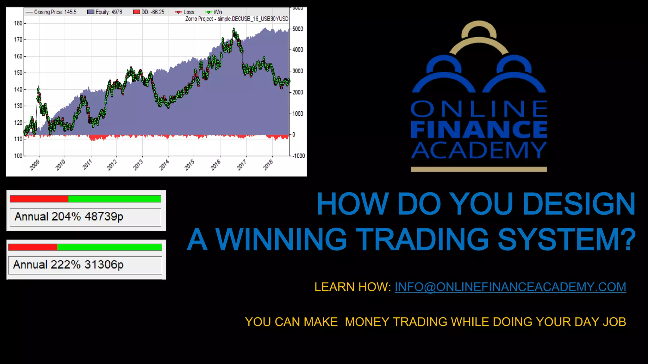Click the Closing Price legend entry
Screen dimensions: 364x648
click(x=52, y=12)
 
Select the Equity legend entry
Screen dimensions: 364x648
click(x=105, y=12)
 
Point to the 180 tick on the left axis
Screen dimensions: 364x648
click(x=18, y=23)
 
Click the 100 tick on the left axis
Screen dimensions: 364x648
click(x=18, y=155)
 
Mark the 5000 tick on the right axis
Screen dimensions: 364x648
click(x=297, y=29)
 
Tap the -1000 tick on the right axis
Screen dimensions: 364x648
click(x=298, y=156)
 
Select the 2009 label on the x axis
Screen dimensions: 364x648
click(x=34, y=165)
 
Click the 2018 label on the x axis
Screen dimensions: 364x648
click(x=268, y=165)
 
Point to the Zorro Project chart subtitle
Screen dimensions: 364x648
click(x=237, y=19)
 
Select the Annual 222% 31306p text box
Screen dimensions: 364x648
click(x=85, y=265)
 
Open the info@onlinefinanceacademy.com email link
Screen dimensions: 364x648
click(x=510, y=287)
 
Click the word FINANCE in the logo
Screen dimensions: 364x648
click(x=479, y=129)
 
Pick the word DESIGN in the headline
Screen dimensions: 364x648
click(x=579, y=204)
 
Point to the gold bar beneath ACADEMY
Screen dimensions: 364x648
click(x=479, y=169)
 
